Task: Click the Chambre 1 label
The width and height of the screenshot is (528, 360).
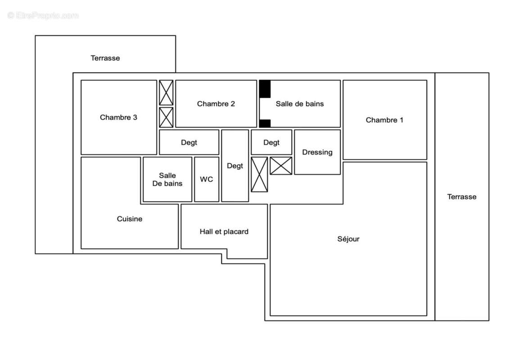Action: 384,120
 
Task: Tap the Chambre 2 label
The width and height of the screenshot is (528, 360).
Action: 216,104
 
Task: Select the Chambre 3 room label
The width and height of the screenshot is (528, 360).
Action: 118,117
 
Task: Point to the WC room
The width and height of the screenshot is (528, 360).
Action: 207,179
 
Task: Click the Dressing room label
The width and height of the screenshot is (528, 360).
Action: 317,152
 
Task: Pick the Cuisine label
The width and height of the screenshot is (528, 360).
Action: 130,219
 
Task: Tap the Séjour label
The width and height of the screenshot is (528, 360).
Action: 348,239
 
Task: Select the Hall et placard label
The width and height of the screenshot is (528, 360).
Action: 224,232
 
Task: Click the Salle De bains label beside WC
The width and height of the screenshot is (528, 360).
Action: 167,179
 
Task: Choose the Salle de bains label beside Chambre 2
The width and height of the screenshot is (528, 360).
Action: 300,104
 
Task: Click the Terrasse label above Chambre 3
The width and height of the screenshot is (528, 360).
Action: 105,58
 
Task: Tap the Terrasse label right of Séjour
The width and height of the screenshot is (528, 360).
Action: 462,197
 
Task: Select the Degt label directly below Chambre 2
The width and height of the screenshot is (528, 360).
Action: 189,143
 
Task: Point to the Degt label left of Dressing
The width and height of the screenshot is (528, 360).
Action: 271,143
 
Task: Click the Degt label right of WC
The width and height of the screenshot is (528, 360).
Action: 235,166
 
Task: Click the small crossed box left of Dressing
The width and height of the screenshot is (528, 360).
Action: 281,166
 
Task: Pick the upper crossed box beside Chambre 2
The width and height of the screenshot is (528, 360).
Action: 166,93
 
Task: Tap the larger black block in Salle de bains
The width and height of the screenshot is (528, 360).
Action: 265,89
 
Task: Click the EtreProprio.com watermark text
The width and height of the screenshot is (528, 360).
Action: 43,16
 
